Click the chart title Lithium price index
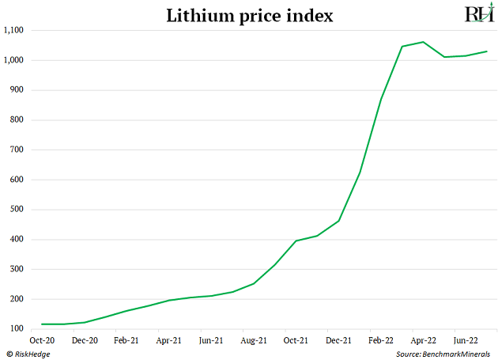pyautogui.click(x=249, y=15)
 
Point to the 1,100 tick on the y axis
pyautogui.click(x=15, y=30)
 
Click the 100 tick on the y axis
pyautogui.click(x=18, y=329)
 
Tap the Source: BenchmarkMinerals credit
pyautogui.click(x=443, y=354)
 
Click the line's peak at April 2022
pyautogui.click(x=423, y=42)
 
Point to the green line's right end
pyautogui.click(x=486, y=51)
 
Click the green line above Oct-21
pyautogui.click(x=296, y=241)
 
